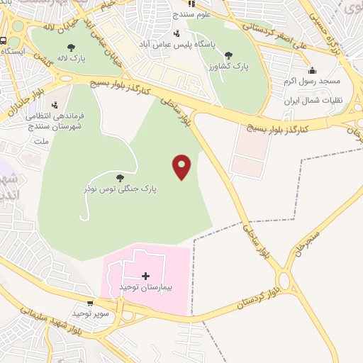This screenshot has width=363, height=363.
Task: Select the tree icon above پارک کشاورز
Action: click(x=228, y=55)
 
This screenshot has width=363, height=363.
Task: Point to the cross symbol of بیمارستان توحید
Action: click(x=145, y=275)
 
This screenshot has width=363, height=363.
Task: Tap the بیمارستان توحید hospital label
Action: click(x=145, y=286)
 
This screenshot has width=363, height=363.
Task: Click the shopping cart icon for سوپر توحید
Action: click(x=89, y=303)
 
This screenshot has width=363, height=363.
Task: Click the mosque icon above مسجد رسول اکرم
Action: click(x=312, y=69)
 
